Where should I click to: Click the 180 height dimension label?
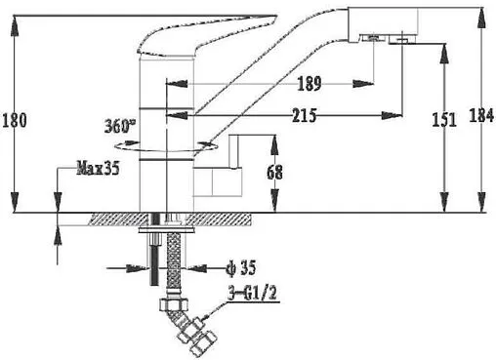pyautogui.click(x=15, y=120)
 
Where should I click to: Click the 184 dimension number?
pyautogui.click(x=481, y=115)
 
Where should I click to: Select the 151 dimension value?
pyautogui.click(x=444, y=119)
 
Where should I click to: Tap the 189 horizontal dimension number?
pyautogui.click(x=310, y=84)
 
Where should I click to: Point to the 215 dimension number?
pyautogui.click(x=304, y=115)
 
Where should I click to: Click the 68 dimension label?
pyautogui.click(x=274, y=173)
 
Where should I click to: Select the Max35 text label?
pyautogui.click(x=98, y=169)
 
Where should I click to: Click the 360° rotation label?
pyautogui.click(x=120, y=126)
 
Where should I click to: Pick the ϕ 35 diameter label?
pyautogui.click(x=241, y=268)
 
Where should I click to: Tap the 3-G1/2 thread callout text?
pyautogui.click(x=252, y=294)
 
